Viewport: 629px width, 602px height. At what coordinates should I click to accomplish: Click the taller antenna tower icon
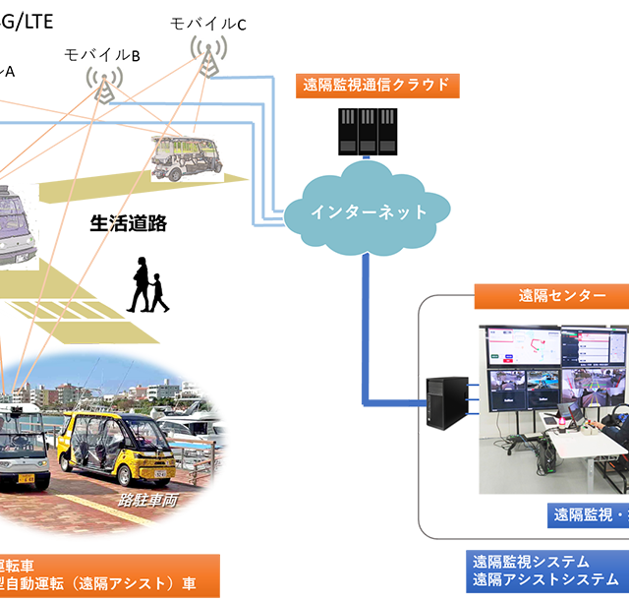pyautogui.click(x=208, y=57)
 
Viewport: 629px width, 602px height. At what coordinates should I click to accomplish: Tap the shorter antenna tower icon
pyautogui.click(x=104, y=85)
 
